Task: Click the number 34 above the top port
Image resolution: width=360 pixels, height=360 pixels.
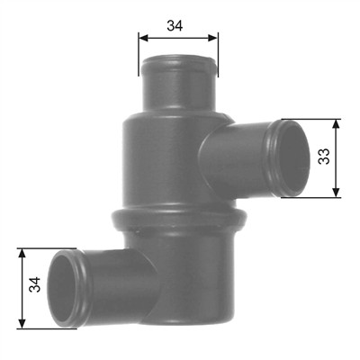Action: pos(175,26)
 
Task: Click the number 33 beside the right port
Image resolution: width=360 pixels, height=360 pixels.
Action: pos(324,156)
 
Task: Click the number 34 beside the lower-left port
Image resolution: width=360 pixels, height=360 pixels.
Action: pos(35,284)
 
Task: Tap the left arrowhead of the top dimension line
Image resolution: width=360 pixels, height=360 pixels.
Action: pos(143,38)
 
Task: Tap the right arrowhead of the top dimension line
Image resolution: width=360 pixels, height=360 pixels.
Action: pos(213,38)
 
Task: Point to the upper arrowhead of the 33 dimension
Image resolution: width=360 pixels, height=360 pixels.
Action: pos(337,124)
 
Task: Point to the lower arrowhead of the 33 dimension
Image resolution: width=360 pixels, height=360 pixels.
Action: pos(337,192)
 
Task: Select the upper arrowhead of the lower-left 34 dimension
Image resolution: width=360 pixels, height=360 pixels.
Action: pos(22,254)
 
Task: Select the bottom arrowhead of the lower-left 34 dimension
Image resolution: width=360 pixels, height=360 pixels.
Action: pos(22,323)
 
